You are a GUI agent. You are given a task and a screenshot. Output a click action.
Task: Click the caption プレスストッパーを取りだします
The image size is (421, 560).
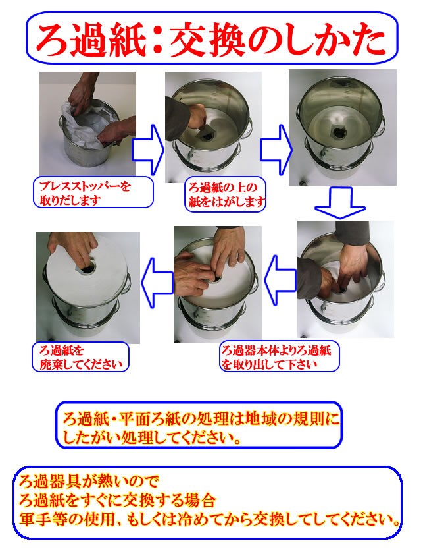[91, 192]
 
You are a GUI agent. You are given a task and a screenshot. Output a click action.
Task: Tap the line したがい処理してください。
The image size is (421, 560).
[151, 437]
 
